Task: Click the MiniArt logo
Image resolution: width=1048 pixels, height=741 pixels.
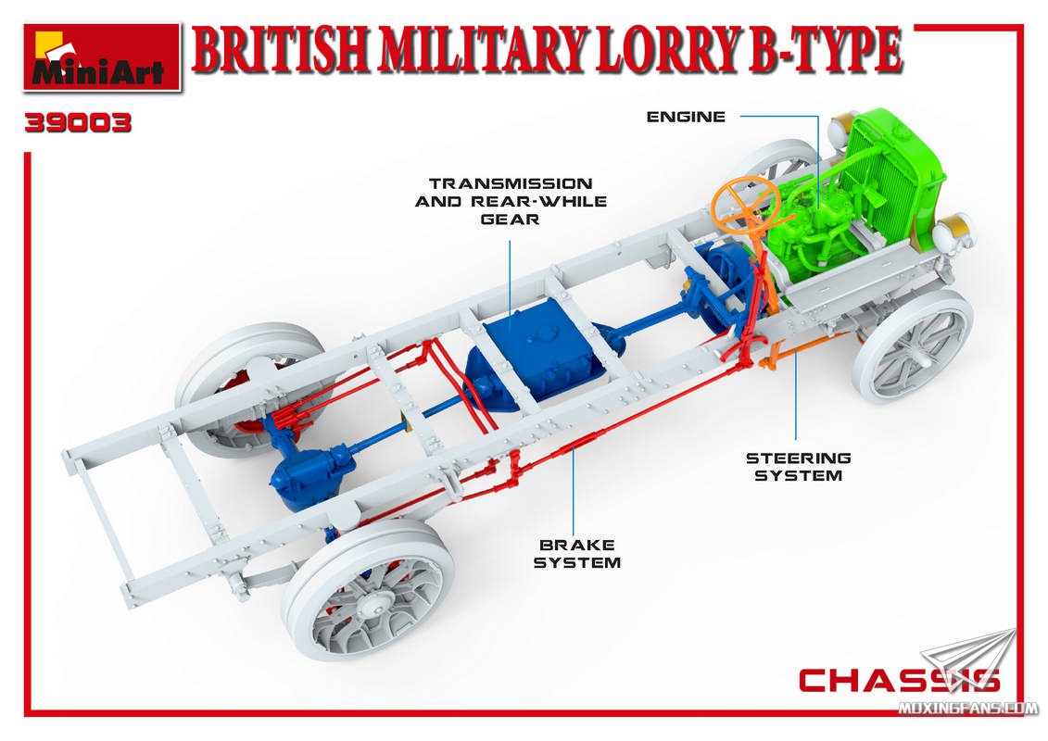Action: point(102,57)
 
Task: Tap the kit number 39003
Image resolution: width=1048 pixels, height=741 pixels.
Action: point(78,123)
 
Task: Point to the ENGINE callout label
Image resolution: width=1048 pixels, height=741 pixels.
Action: point(686,117)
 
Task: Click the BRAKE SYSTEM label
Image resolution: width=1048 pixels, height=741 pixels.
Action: point(577,554)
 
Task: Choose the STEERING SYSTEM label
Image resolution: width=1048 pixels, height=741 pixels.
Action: point(799,467)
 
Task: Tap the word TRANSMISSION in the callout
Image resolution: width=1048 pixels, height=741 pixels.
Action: point(511,183)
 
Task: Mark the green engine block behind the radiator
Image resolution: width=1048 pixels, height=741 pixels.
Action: point(809,223)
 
